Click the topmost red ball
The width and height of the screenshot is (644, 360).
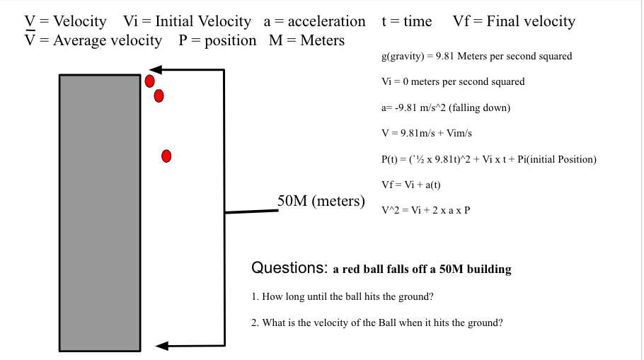[x=150, y=81]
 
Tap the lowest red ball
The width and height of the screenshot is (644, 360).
[x=166, y=156]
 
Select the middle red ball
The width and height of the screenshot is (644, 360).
[x=159, y=95]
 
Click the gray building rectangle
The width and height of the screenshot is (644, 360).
[x=100, y=212]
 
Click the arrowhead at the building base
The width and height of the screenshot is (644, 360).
[x=162, y=346]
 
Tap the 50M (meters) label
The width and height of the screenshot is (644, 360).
[x=321, y=201]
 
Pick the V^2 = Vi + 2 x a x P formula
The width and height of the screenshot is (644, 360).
[x=425, y=211]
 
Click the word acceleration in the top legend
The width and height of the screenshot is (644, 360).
[x=327, y=22]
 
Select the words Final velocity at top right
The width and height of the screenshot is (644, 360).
[x=531, y=22]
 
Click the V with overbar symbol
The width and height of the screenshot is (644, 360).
[x=30, y=40]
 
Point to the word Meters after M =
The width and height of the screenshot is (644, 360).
[x=322, y=40]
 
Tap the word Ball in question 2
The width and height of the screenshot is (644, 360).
[x=383, y=323]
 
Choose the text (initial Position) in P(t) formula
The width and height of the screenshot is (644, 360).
[x=561, y=159]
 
